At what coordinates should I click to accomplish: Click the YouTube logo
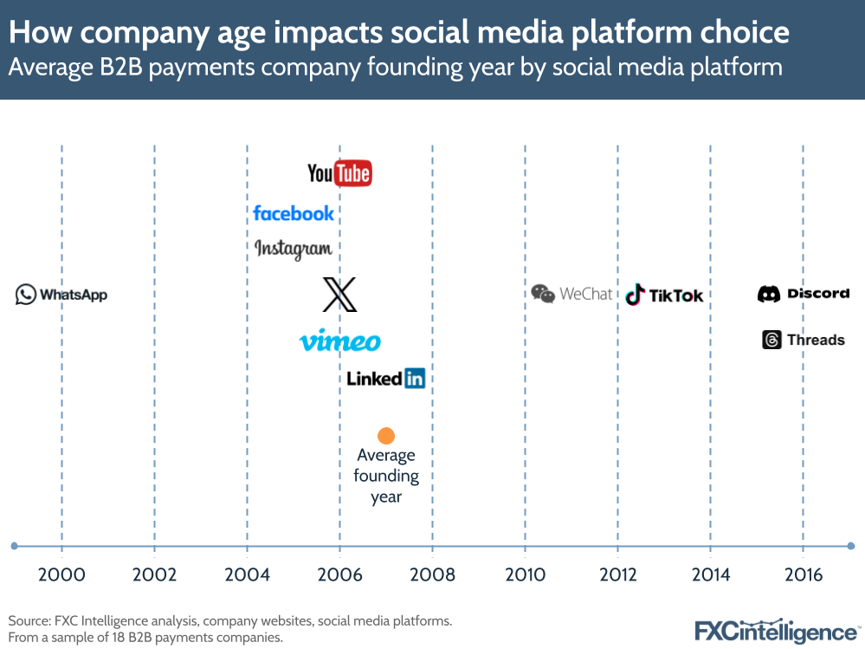point(339,173)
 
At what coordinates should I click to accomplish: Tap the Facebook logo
point(294,212)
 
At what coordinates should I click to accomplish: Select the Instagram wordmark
point(294,250)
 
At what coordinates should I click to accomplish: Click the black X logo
point(339,295)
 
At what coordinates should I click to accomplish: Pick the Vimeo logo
point(339,341)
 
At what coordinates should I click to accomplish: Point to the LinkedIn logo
point(386,378)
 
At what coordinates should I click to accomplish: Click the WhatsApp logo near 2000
point(61,295)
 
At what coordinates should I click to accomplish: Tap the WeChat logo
point(571,294)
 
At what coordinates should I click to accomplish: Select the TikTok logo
point(664,295)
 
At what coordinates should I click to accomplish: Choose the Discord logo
point(804,294)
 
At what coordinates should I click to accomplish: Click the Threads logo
point(804,340)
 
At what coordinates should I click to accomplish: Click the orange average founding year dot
point(386,436)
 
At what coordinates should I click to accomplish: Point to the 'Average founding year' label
point(386,476)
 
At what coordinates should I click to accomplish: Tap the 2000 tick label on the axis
point(61,574)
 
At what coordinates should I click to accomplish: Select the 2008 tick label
point(432,574)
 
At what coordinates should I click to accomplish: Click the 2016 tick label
point(803,574)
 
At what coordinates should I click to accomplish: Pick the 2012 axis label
point(617,574)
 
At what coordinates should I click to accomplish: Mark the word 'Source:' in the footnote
point(29,621)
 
